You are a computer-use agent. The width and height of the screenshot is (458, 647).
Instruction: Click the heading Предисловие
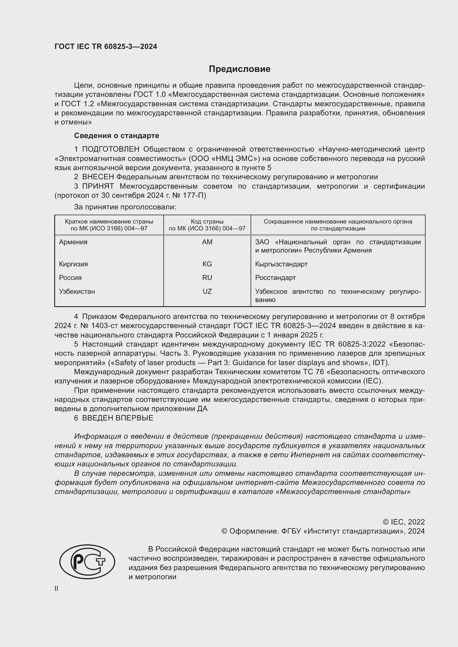(240, 69)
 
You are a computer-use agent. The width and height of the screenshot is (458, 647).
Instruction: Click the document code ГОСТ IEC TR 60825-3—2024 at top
(106, 47)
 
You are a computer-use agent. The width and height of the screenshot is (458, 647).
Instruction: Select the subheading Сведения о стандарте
(117, 136)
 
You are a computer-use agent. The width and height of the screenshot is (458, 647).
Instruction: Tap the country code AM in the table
(207, 242)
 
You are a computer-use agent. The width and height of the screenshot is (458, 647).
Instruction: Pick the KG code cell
(207, 264)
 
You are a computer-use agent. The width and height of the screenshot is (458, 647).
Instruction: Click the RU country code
(207, 277)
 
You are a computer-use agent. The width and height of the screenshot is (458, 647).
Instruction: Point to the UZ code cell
(207, 291)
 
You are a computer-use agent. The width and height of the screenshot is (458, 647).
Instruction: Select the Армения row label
(73, 242)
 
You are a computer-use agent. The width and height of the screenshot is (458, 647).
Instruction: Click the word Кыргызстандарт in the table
(281, 264)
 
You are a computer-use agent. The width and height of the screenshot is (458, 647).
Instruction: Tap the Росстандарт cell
(275, 277)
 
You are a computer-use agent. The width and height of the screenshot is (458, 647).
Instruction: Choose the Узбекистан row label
(77, 291)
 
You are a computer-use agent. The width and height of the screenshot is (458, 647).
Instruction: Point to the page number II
(56, 588)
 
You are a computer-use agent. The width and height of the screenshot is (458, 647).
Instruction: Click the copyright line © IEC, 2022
(403, 522)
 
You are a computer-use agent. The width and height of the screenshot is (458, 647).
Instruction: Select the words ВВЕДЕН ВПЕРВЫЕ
(118, 418)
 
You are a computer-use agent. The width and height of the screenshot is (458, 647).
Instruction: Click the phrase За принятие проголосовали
(125, 207)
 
